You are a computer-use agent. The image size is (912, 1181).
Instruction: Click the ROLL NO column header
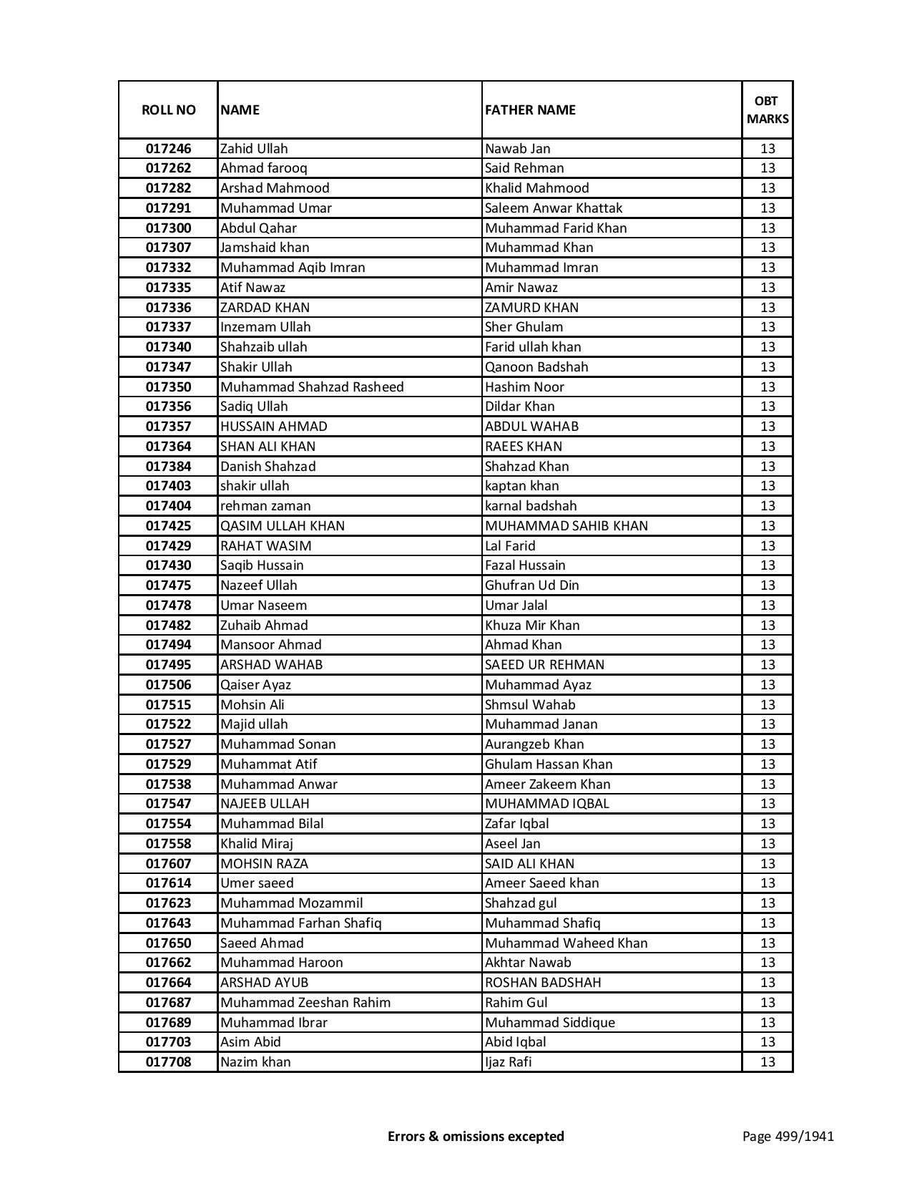[168, 110]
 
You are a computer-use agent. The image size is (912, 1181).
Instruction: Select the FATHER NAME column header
[530, 110]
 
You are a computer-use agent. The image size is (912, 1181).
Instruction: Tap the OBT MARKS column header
[768, 110]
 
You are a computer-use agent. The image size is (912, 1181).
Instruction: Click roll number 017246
[168, 149]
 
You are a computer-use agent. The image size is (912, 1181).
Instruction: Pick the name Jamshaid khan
[265, 248]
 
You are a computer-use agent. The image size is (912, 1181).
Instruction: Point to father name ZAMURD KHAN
[531, 308]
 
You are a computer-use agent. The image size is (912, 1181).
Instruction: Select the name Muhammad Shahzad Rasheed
[312, 387]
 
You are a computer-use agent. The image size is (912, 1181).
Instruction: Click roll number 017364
[168, 447]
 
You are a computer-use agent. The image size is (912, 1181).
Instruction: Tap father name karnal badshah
[530, 506]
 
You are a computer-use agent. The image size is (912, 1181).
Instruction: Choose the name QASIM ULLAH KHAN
[282, 526]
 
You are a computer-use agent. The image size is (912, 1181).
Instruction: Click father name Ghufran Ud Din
[531, 585]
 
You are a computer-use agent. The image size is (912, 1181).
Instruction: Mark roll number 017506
[168, 685]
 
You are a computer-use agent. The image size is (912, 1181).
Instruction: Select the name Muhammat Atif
[268, 764]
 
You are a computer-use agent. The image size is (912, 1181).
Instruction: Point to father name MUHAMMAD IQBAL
[546, 804]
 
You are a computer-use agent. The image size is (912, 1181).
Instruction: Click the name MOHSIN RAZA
[264, 864]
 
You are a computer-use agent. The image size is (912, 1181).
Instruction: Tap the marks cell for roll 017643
[768, 923]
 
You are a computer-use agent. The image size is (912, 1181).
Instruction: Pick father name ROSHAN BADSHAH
[542, 983]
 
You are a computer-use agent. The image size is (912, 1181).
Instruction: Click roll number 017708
[168, 1062]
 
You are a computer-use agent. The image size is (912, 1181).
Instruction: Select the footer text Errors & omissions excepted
[476, 1136]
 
